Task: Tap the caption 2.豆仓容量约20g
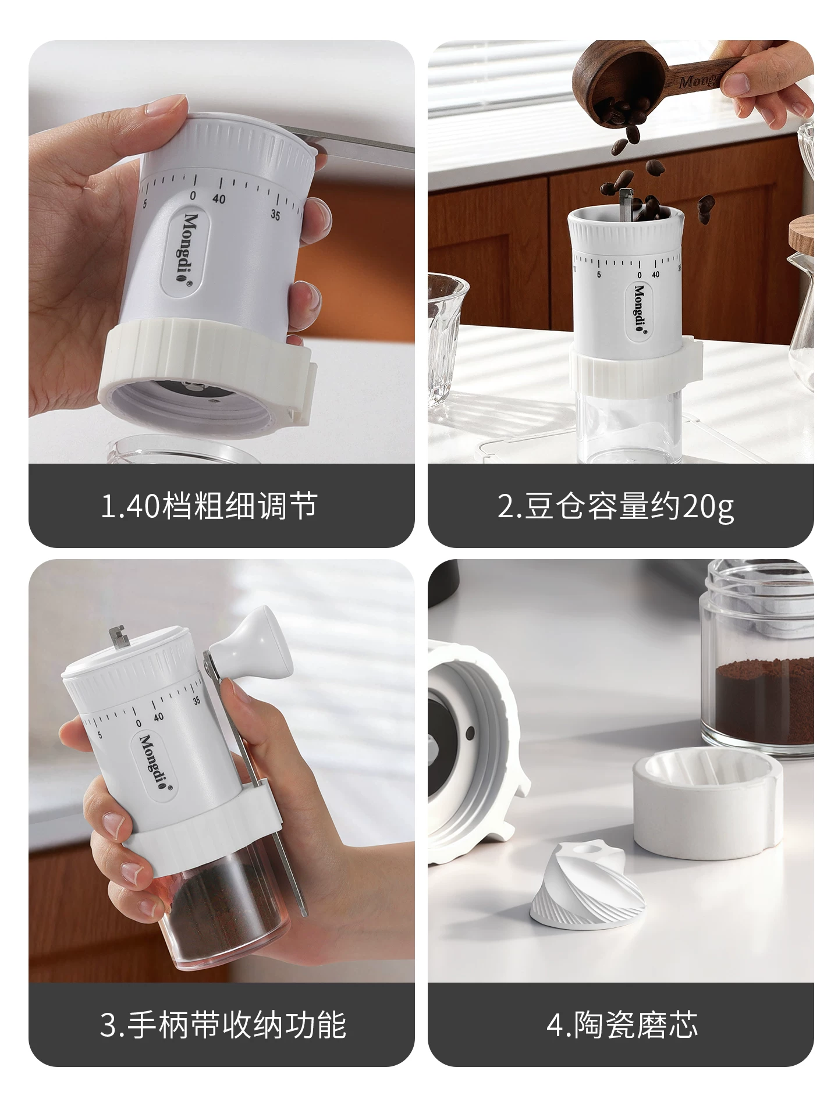coord(615,506)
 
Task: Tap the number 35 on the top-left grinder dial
coord(275,215)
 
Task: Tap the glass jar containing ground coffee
coord(757,669)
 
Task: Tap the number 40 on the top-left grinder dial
coord(219,199)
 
